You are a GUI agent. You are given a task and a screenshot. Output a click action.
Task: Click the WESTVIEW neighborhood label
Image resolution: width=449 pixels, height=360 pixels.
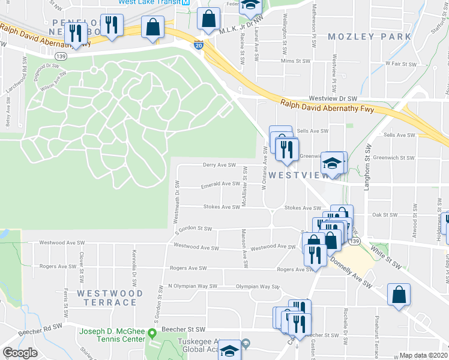[x=299, y=175]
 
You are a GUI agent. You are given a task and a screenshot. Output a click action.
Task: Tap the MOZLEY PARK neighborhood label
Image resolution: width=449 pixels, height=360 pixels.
[x=370, y=37]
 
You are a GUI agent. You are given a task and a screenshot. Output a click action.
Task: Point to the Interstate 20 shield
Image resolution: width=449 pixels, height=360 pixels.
[x=199, y=45]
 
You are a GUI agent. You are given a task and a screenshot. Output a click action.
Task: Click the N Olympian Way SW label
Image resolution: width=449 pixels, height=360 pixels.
[x=193, y=286]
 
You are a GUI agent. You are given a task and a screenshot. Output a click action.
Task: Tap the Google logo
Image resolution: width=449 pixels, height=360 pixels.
[x=20, y=353]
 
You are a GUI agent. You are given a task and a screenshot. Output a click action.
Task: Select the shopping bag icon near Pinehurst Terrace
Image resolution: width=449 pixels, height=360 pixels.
[x=399, y=296]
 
